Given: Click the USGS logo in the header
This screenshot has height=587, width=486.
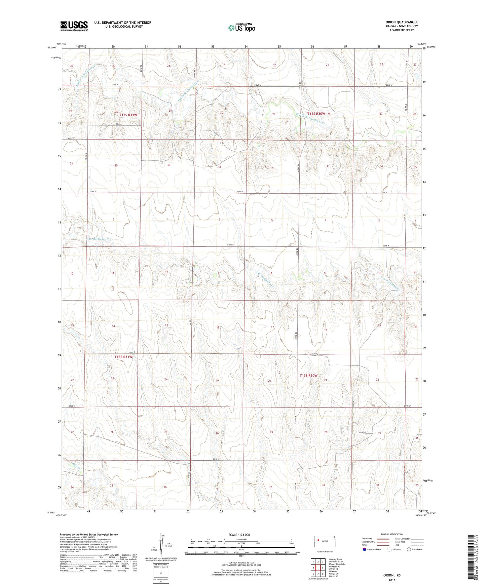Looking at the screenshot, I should click(74, 26).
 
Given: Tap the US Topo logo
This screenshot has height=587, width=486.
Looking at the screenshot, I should click(241, 28).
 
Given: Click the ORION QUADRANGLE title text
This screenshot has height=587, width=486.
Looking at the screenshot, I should click(402, 22).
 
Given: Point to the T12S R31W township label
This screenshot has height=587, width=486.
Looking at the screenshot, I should click(128, 115).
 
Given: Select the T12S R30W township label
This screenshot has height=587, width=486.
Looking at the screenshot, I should click(316, 114).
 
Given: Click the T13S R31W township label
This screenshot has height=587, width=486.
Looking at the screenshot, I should click(123, 357).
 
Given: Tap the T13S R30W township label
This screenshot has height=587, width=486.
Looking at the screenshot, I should click(308, 376).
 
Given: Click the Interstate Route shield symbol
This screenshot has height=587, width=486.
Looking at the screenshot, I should click(365, 549).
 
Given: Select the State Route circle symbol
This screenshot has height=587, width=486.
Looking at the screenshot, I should click(409, 549).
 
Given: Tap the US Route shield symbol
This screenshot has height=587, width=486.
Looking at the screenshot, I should click(389, 549).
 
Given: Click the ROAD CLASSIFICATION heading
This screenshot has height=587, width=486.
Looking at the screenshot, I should click(392, 534).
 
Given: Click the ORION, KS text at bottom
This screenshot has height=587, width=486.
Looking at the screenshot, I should click(392, 575).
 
